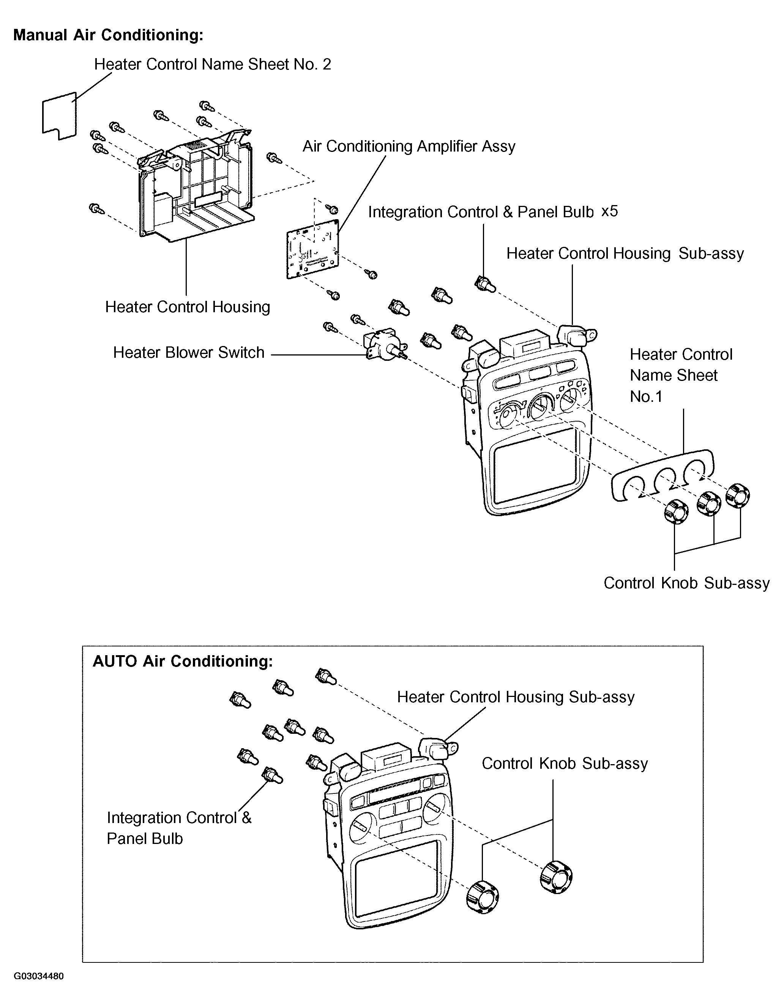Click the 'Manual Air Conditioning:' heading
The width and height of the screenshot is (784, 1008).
(x=109, y=35)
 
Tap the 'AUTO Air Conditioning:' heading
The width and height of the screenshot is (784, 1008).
(x=183, y=661)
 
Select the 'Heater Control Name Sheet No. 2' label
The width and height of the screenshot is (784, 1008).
(x=213, y=64)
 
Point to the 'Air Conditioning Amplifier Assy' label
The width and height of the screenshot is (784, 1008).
(x=409, y=146)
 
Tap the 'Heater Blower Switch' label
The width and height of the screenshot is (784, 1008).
(x=189, y=352)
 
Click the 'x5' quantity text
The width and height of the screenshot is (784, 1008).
(x=610, y=212)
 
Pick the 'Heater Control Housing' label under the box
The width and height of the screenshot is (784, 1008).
(x=187, y=307)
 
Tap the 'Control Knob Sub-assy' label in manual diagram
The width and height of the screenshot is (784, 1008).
(x=687, y=583)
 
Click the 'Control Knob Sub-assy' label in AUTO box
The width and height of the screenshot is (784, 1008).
(x=565, y=763)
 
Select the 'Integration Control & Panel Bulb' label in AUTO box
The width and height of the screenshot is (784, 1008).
(x=179, y=828)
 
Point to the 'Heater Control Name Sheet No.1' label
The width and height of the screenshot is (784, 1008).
(x=681, y=375)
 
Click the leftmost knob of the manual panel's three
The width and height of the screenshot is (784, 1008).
(x=676, y=511)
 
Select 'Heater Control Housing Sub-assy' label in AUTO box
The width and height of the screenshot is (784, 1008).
(x=516, y=697)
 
